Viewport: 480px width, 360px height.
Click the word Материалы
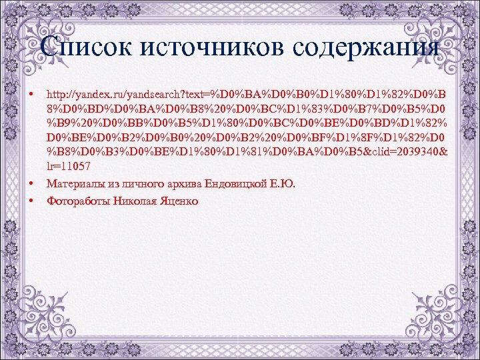pyautogui.click(x=73, y=184)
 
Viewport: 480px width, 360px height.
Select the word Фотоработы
pyautogui.click(x=78, y=201)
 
